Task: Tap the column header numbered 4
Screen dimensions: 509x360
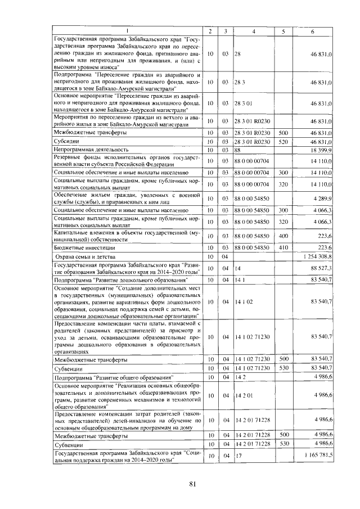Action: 254,30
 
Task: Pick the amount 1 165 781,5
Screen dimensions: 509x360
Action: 317,454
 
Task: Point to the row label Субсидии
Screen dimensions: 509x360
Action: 66,142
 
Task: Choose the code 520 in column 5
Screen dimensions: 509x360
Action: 283,142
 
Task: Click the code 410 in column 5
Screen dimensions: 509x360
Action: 283,247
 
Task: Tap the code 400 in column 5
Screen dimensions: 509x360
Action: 283,237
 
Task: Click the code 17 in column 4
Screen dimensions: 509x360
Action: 237,454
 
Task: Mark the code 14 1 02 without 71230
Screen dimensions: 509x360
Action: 243,301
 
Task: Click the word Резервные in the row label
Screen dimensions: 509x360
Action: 69,157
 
